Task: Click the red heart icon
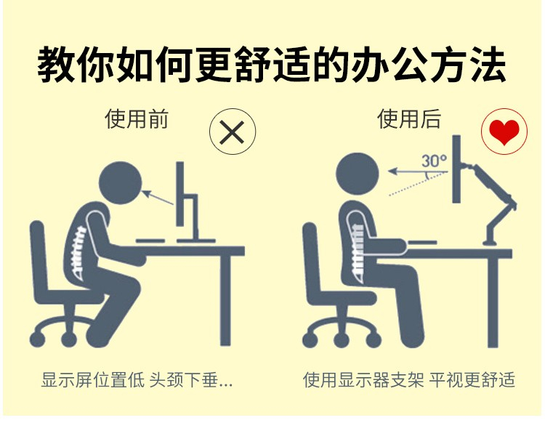(x=504, y=132)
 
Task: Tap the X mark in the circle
(x=233, y=132)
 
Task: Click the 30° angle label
(x=434, y=161)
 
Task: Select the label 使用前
(x=137, y=119)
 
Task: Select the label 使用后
(x=409, y=119)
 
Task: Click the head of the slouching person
(x=121, y=182)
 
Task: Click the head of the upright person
(x=358, y=174)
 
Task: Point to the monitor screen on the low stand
(x=179, y=194)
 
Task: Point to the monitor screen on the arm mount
(x=456, y=169)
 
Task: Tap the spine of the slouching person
(x=78, y=252)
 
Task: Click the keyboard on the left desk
(x=150, y=241)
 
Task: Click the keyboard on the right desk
(x=422, y=242)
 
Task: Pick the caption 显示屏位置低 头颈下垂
(x=137, y=379)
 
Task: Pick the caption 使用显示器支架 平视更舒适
(x=409, y=379)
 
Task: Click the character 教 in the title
(x=57, y=65)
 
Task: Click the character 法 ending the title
(x=487, y=65)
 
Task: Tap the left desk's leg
(x=225, y=300)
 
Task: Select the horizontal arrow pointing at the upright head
(x=418, y=171)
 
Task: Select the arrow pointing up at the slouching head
(x=158, y=197)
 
